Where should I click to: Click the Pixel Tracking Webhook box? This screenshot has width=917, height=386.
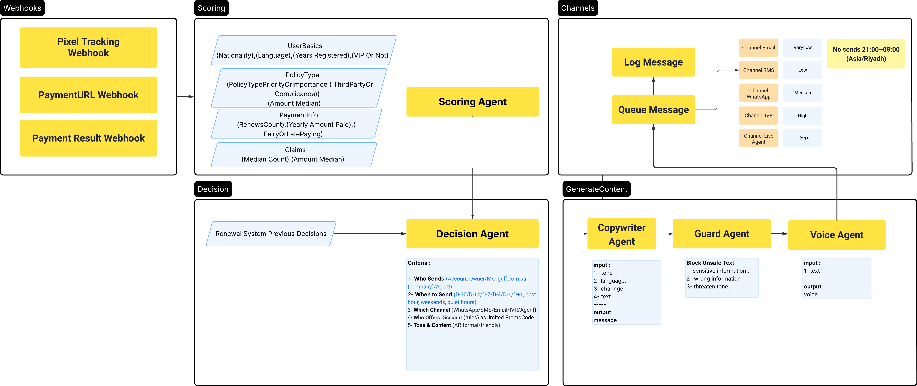pos(88,47)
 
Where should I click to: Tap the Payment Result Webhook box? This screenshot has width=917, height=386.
pos(88,138)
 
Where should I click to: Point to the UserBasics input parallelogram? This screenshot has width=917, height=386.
pos(303,50)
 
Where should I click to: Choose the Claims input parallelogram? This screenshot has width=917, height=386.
pos(294,155)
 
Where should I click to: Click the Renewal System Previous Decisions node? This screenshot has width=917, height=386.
pos(271,234)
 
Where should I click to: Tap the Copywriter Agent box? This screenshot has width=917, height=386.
pos(621,234)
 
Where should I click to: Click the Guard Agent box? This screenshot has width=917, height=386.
pos(722,234)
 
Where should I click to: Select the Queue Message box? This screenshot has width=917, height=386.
pos(653,110)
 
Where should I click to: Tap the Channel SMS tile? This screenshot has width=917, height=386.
pos(758,70)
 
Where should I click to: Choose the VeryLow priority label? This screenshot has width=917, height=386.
pos(802,47)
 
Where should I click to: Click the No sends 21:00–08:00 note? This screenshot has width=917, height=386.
pos(866,54)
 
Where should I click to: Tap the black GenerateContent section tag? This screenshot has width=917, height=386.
pos(596,189)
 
